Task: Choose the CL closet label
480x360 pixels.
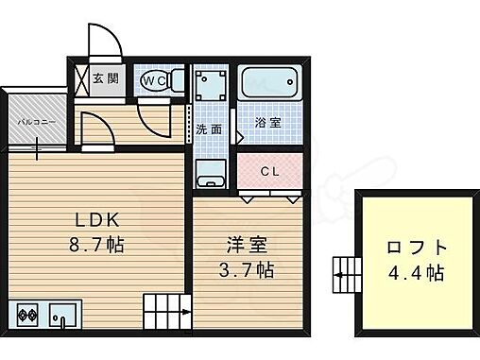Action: click(x=269, y=171)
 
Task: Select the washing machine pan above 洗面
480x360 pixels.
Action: click(x=212, y=85)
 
